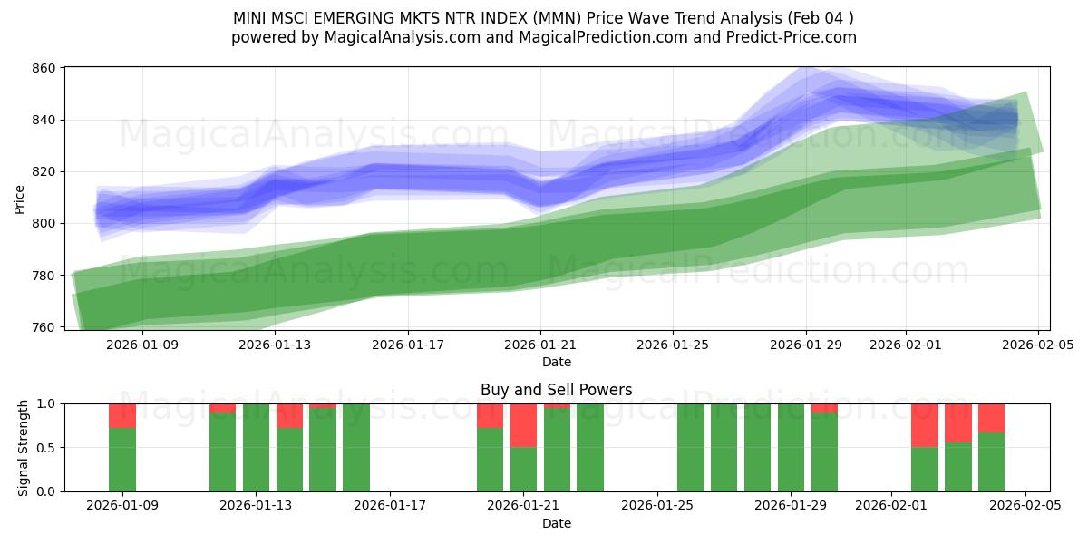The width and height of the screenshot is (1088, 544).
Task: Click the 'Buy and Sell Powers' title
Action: (x=556, y=390)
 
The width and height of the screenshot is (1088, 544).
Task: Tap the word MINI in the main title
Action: (x=251, y=17)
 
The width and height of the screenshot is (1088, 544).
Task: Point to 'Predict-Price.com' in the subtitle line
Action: (x=794, y=37)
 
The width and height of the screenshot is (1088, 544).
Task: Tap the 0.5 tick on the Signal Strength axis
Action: (x=45, y=448)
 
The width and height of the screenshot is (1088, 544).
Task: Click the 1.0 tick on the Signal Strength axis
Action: (x=45, y=403)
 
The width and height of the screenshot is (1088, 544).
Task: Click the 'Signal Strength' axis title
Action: (x=24, y=447)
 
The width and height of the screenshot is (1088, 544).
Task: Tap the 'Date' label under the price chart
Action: (x=556, y=362)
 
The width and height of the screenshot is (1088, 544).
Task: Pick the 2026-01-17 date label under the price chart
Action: (x=408, y=345)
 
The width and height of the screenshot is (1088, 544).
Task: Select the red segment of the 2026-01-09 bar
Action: (x=122, y=415)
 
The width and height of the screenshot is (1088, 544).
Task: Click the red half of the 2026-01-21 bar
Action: (x=523, y=425)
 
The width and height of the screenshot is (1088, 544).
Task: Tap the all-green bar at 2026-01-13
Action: (x=256, y=448)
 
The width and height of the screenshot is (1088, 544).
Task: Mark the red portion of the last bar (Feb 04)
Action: (x=991, y=417)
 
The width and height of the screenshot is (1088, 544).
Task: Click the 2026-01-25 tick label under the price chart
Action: (x=673, y=345)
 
